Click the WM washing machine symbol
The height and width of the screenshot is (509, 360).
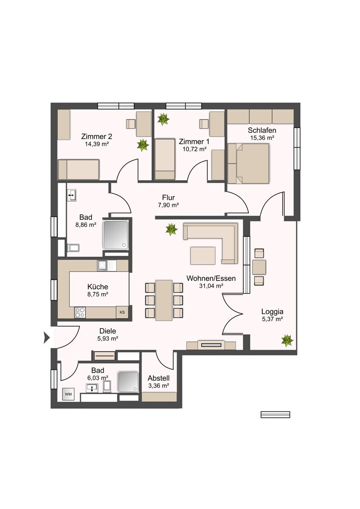pyautogui.click(x=68, y=394)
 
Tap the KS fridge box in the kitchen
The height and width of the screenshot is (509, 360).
pyautogui.click(x=122, y=312)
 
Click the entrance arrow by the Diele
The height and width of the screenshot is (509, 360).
pyautogui.click(x=47, y=337)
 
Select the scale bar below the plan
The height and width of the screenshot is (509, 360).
pyautogui.click(x=275, y=414)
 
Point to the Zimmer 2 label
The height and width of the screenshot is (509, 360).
pyautogui.click(x=97, y=137)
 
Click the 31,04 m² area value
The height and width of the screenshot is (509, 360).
pyautogui.click(x=211, y=286)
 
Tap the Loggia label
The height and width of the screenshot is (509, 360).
pyautogui.click(x=272, y=311)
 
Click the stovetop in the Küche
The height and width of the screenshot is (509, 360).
pyautogui.click(x=80, y=312)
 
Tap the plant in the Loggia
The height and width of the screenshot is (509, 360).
pyautogui.click(x=287, y=340)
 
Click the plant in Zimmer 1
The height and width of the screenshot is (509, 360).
pyautogui.click(x=163, y=119)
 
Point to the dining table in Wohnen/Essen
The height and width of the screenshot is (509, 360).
pyautogui.click(x=164, y=300)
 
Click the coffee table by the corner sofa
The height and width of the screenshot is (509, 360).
pyautogui.click(x=203, y=256)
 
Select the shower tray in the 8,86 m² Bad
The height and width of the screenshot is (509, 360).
pyautogui.click(x=115, y=235)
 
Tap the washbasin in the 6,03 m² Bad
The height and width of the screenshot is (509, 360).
pyautogui.click(x=92, y=387)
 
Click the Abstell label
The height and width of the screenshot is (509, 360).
pyautogui.click(x=158, y=378)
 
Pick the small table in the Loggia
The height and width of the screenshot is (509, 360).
pyautogui.click(x=259, y=267)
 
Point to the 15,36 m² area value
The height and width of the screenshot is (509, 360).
pyautogui.click(x=262, y=138)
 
